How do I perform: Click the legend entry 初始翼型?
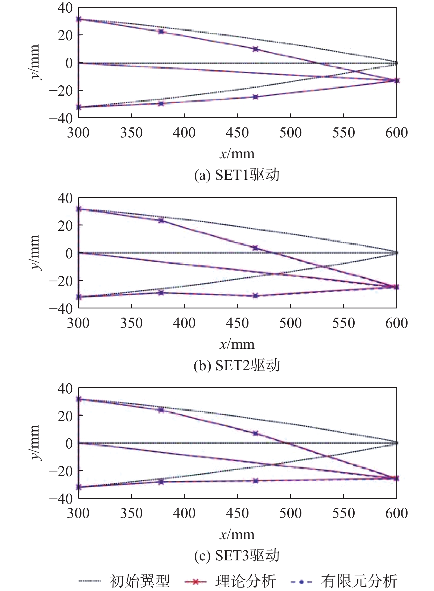coord(140,581)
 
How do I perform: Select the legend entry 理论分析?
coord(246,581)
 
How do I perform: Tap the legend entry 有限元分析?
coord(359,581)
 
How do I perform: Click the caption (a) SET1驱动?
coord(237,175)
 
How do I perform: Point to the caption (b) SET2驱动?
coord(237,366)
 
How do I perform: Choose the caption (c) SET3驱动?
coord(237,556)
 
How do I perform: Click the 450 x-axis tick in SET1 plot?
coord(237,133)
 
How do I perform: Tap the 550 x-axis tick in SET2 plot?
coord(343,323)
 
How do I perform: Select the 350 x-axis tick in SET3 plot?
coord(131,513)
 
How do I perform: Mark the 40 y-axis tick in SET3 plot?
coord(65,389)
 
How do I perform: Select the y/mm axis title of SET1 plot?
coord(35,62)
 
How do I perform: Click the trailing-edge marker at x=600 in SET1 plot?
coord(397,81)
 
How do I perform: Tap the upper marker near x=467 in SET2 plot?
coord(255,248)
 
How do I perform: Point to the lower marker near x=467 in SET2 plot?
coord(255,295)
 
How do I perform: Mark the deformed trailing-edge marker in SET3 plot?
coord(397,479)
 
